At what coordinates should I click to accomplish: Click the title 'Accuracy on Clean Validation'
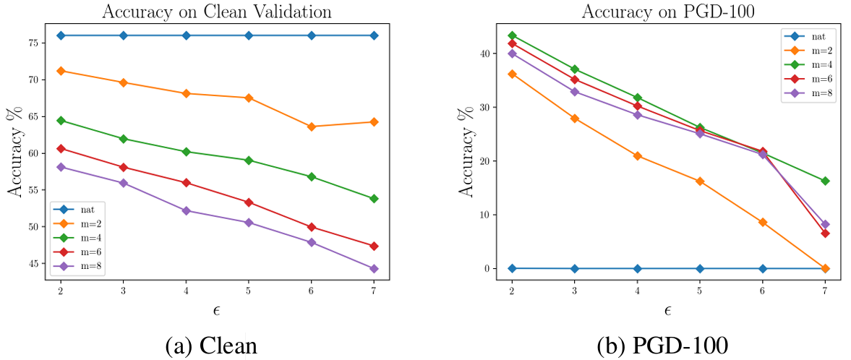click(217, 11)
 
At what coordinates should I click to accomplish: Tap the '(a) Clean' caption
click(211, 346)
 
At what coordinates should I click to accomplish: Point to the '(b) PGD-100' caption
click(662, 346)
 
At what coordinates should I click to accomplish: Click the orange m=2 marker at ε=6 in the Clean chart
click(311, 127)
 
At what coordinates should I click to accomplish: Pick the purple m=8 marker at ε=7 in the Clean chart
click(374, 269)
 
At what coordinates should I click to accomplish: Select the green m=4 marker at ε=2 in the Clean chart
click(61, 120)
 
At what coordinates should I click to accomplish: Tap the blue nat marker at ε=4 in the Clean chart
click(186, 35)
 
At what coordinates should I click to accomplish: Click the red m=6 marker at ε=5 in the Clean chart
click(249, 202)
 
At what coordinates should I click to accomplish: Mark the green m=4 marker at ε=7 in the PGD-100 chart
click(826, 181)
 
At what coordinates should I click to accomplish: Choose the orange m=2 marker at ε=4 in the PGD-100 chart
click(638, 156)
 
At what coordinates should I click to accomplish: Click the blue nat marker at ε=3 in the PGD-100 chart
click(575, 268)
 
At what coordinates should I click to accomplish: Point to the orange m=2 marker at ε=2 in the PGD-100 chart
click(512, 74)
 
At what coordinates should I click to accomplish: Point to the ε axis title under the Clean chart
click(217, 312)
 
